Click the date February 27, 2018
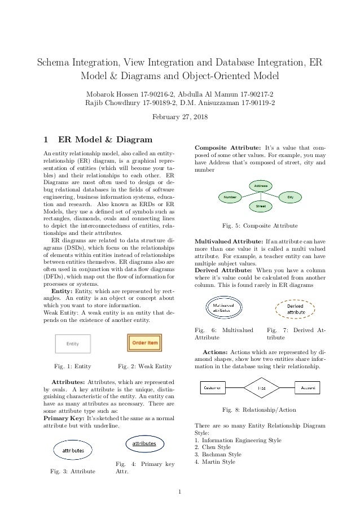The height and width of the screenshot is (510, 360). pyautogui.click(x=180, y=117)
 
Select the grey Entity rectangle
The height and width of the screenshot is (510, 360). pyautogui.click(x=72, y=343)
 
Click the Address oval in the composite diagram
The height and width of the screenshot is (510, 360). pyautogui.click(x=261, y=186)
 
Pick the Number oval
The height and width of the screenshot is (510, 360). pyautogui.click(x=230, y=197)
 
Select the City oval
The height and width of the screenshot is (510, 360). pyautogui.click(x=291, y=197)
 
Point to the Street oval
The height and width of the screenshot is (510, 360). pyautogui.click(x=261, y=207)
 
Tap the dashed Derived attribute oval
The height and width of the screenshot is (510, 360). pyautogui.click(x=293, y=309)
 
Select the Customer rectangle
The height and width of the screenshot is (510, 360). pyautogui.click(x=213, y=388)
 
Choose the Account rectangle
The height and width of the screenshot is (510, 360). pyautogui.click(x=309, y=388)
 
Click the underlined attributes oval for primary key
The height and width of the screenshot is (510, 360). pyautogui.click(x=144, y=444)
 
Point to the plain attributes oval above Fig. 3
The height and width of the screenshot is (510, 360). pyautogui.click(x=73, y=450)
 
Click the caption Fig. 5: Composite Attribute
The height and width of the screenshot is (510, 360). pyautogui.click(x=260, y=226)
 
